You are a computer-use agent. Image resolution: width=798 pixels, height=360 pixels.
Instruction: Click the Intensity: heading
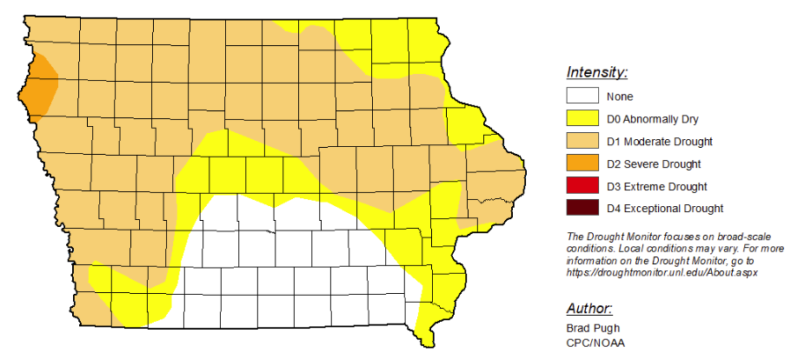pos(596,72)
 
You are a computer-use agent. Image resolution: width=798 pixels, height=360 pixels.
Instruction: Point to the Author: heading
pos(589,309)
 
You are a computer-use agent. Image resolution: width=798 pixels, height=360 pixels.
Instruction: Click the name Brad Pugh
pos(595,329)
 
